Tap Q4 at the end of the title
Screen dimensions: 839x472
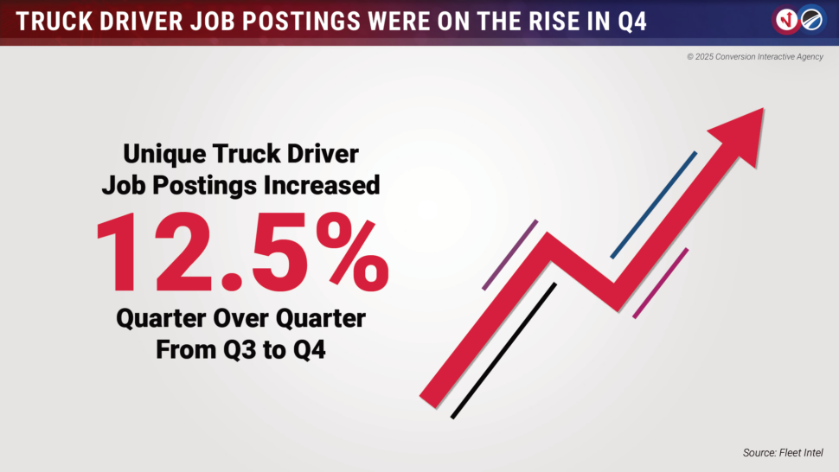click(x=632, y=22)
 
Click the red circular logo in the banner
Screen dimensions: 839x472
click(x=786, y=20)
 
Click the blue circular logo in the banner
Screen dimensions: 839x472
click(x=811, y=20)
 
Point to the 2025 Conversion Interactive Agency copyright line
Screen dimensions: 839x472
click(x=755, y=57)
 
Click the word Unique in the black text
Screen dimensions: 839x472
click(x=164, y=155)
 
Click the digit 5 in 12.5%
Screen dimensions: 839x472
click(x=280, y=252)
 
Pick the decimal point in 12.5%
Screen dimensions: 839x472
click(x=232, y=280)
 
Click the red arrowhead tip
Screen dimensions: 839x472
click(x=763, y=109)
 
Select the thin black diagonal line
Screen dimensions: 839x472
click(x=503, y=351)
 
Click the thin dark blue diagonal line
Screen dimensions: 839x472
click(x=653, y=205)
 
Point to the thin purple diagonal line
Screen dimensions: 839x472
click(x=510, y=255)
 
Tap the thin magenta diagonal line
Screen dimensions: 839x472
click(x=660, y=284)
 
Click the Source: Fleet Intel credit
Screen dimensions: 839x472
click(x=783, y=453)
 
